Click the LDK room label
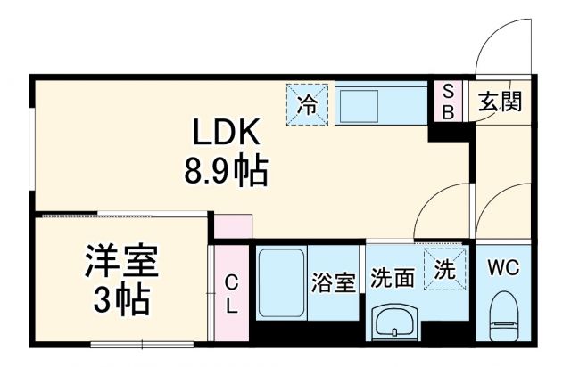point(227,134)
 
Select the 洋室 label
point(123,264)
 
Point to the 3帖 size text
point(123,303)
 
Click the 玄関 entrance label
point(498,101)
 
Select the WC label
point(505,267)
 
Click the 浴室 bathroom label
point(334,282)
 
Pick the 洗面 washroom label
point(393,279)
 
